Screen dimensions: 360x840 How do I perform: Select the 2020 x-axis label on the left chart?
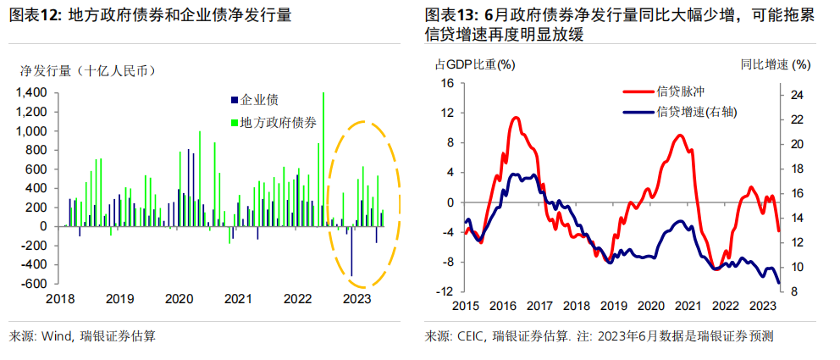[x=179, y=299]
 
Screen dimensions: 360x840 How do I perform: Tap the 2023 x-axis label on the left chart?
[x=356, y=299]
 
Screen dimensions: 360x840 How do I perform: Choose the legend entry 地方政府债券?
[x=279, y=123]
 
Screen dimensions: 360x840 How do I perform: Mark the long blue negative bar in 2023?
[x=351, y=251]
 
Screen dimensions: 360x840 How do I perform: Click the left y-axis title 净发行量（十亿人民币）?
[x=87, y=71]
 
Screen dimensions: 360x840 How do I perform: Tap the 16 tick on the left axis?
[x=448, y=83]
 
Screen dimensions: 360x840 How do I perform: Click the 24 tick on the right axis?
[x=797, y=96]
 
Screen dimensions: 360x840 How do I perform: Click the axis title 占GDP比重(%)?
[x=475, y=64]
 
